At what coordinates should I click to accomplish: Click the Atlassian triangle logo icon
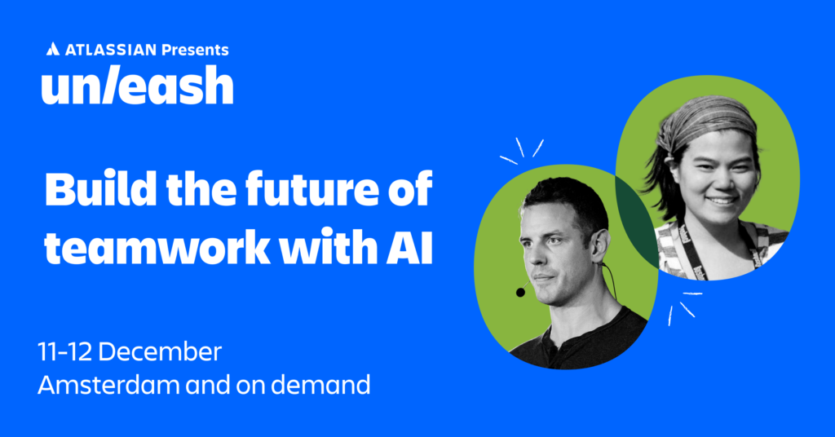tap(53, 50)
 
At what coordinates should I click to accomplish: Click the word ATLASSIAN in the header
tap(111, 50)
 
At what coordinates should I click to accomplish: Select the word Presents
tap(195, 50)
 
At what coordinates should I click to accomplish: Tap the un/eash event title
tap(137, 85)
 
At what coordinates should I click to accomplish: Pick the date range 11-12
tap(64, 352)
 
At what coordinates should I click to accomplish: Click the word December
tap(160, 352)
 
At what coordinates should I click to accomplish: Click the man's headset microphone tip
tap(520, 292)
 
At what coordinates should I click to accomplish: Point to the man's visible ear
tap(600, 243)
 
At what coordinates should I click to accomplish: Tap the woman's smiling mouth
tap(722, 201)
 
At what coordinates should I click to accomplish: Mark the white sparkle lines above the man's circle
tap(521, 150)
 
